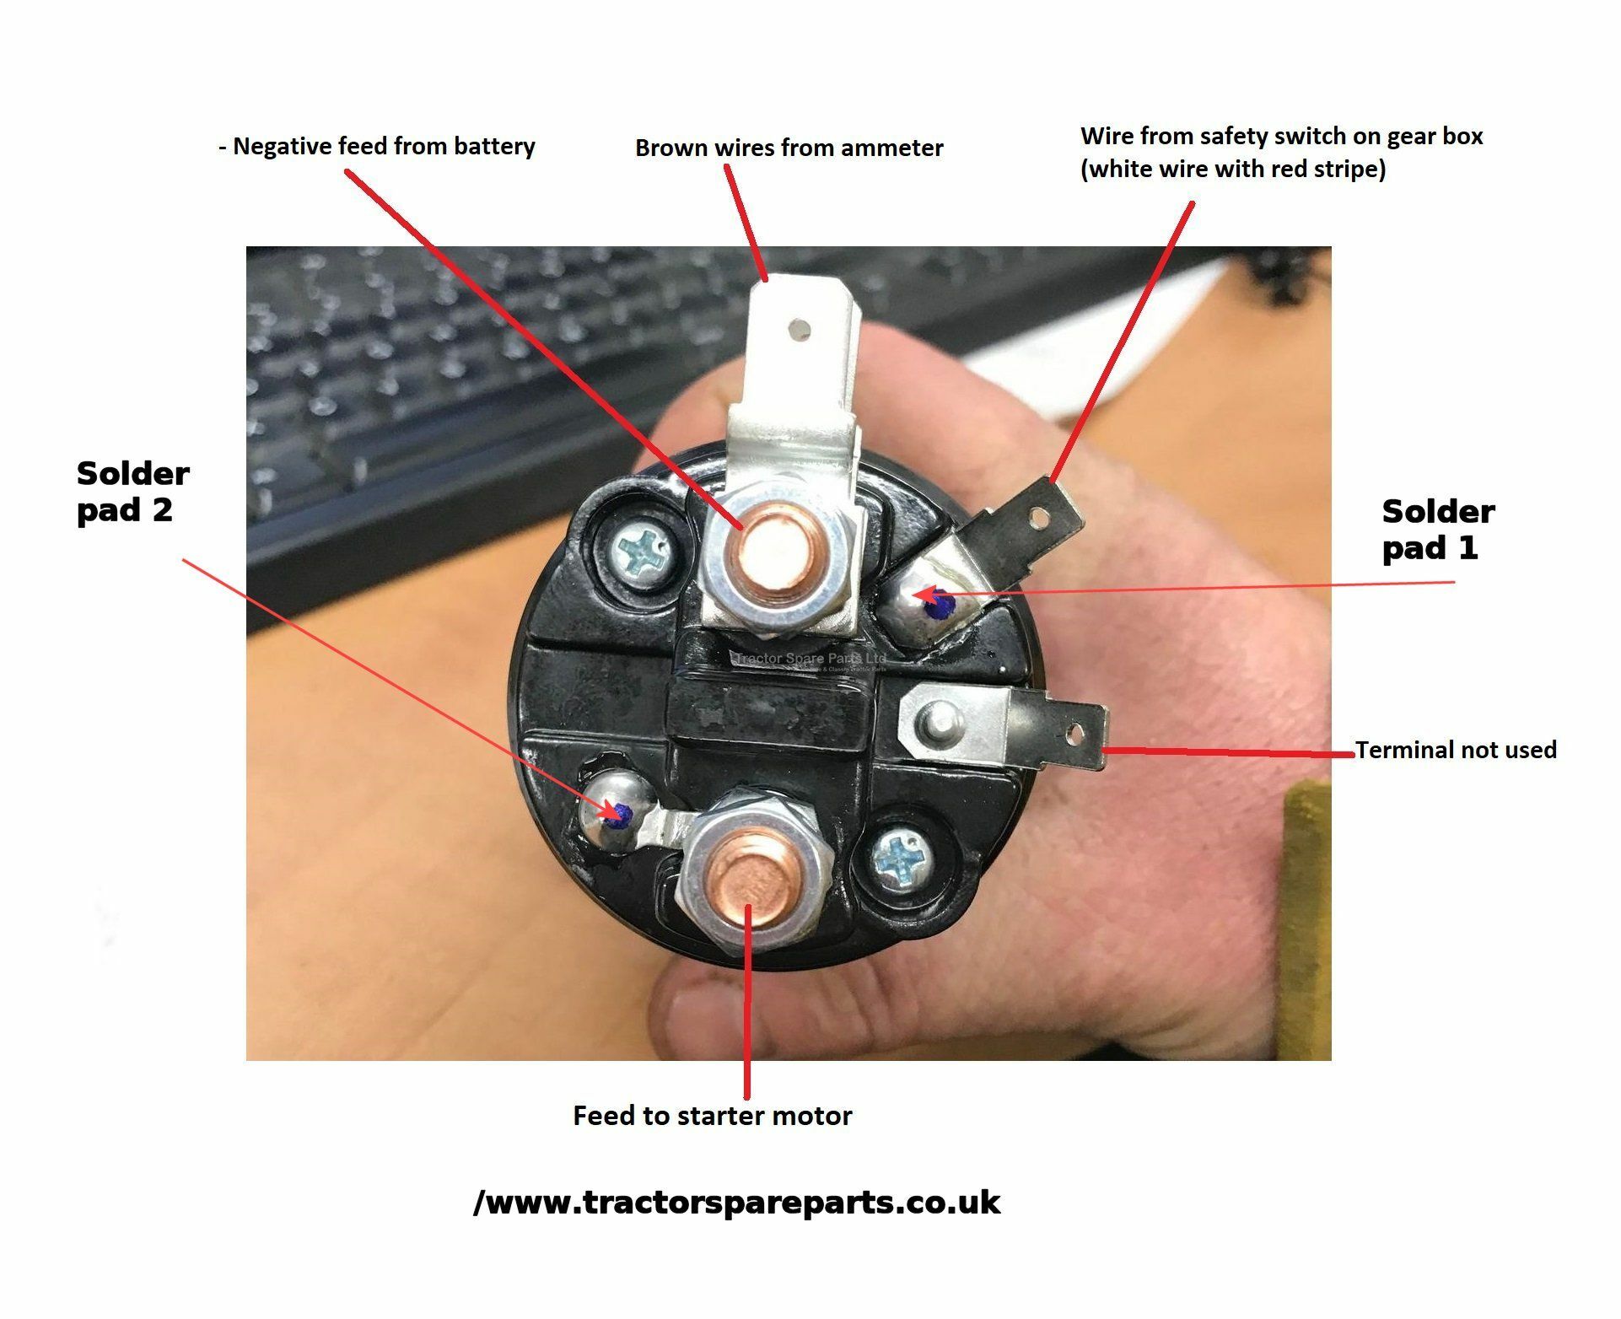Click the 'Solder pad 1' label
pyautogui.click(x=1438, y=530)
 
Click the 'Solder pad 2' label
pyautogui.click(x=132, y=492)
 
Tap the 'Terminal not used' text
pyautogui.click(x=1456, y=750)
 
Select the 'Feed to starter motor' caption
pyautogui.click(x=713, y=1116)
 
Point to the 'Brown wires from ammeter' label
pyautogui.click(x=789, y=148)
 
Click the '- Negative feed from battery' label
pyautogui.click(x=377, y=146)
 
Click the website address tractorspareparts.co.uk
pyautogui.click(x=736, y=1202)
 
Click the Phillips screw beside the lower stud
pyautogui.click(x=896, y=860)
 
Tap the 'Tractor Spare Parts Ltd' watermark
pyautogui.click(x=811, y=658)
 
